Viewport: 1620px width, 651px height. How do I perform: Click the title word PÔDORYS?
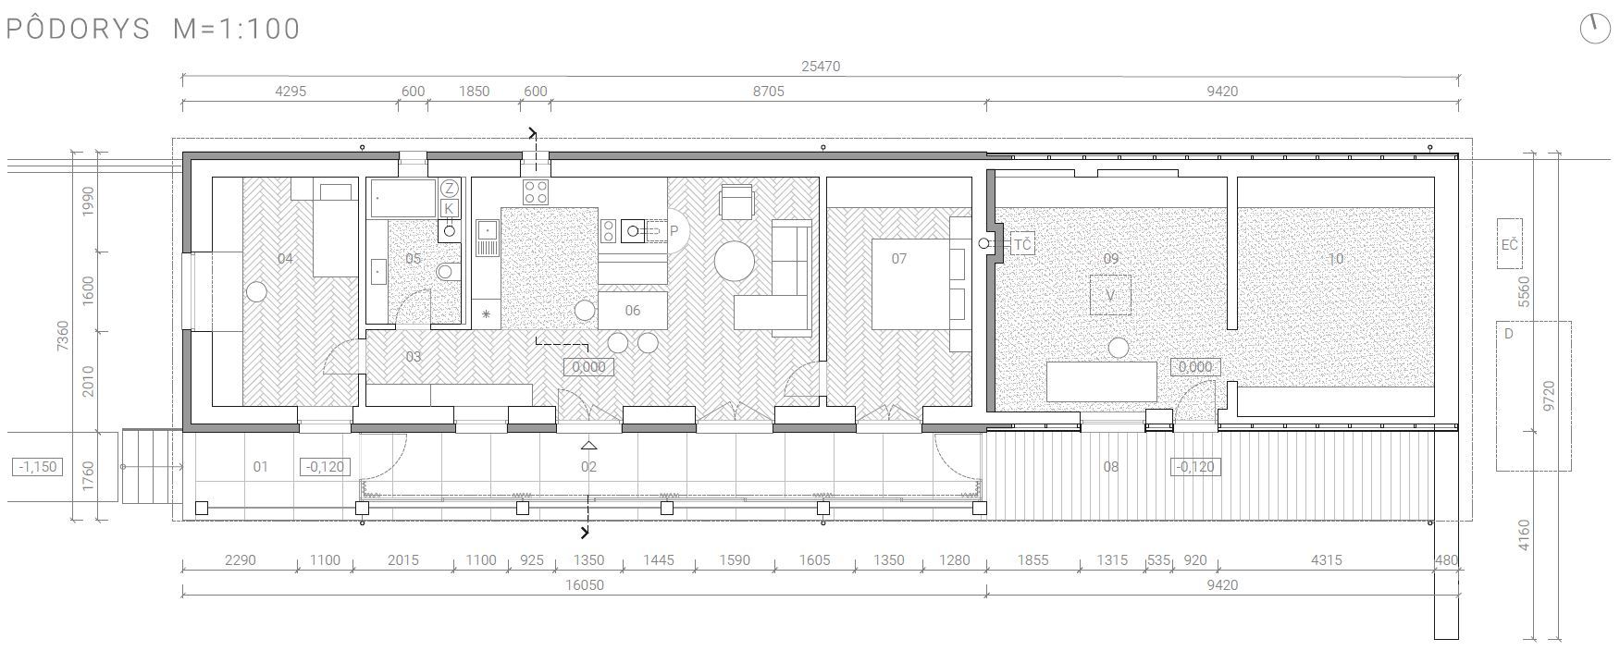click(78, 29)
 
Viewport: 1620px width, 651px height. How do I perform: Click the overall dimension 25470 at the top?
click(821, 67)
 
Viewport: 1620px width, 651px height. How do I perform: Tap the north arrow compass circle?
click(1595, 29)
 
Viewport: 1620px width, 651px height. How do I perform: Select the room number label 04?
click(285, 258)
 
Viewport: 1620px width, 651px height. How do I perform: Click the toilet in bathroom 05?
click(447, 271)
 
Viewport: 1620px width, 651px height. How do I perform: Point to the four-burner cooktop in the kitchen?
click(536, 192)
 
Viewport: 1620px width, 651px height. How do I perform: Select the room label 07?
click(899, 258)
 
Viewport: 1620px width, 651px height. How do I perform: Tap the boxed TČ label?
click(1022, 244)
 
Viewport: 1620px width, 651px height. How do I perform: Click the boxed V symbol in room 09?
click(1110, 296)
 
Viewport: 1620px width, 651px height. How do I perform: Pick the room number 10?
click(1335, 259)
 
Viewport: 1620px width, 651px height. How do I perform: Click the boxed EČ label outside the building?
click(1510, 244)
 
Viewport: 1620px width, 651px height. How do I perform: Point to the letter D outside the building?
click(1509, 334)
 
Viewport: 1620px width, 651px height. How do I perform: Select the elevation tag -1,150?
click(39, 467)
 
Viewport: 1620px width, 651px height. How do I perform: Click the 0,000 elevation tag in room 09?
click(1195, 367)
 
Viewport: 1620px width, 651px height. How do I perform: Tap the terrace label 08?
click(1110, 467)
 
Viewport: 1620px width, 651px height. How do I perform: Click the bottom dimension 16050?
click(584, 585)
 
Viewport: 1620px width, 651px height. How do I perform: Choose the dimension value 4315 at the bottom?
click(1326, 559)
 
